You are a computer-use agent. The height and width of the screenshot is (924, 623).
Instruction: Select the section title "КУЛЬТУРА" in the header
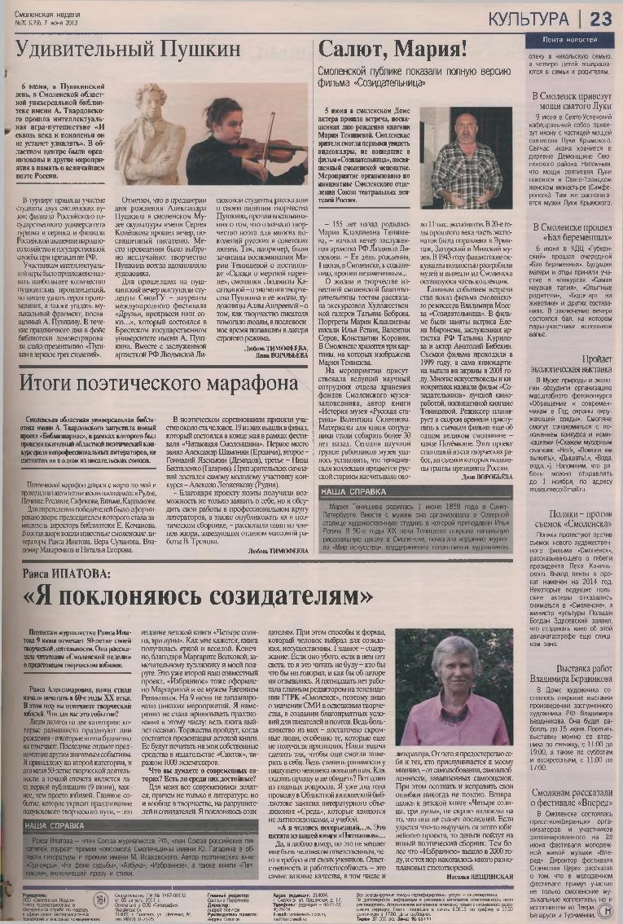pos(530,18)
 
